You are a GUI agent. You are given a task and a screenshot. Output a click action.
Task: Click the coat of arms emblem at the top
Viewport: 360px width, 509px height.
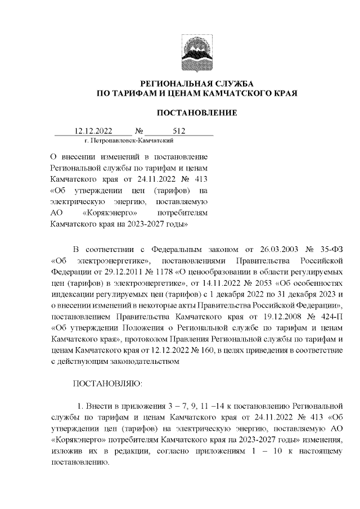(x=196, y=50)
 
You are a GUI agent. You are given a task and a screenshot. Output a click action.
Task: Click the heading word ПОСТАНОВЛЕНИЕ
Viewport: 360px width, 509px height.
(x=196, y=113)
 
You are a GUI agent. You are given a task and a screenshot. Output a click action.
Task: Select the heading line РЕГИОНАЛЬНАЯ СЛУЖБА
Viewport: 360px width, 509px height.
(x=196, y=83)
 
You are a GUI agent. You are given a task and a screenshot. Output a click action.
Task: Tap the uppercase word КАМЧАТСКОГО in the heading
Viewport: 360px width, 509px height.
(x=233, y=93)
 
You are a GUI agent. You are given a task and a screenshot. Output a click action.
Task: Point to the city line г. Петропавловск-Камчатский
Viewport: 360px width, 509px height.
(x=128, y=140)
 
